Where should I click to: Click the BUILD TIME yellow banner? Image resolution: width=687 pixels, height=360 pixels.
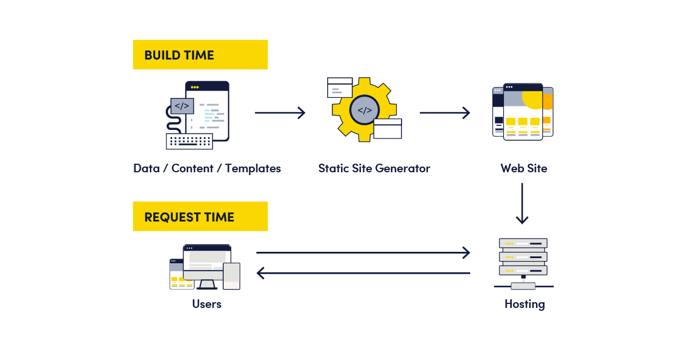pos(200,55)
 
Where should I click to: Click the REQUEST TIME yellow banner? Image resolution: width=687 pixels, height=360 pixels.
pos(200,216)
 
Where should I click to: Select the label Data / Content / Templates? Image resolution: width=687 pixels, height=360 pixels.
pos(207,168)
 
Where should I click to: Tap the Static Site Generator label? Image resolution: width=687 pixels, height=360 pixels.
pos(374,168)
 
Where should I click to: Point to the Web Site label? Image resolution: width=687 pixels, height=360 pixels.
pos(523,168)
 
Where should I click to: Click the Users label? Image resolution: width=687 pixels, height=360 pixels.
pos(207,304)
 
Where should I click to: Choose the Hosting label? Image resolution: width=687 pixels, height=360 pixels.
pos(524,304)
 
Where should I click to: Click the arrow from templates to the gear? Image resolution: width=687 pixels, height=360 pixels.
pos(280,113)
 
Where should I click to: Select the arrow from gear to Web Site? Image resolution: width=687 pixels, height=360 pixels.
pos(444,113)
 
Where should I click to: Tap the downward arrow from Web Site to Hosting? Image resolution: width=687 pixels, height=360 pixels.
pos(522,203)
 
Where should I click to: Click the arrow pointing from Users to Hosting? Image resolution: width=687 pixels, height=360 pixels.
pos(363,252)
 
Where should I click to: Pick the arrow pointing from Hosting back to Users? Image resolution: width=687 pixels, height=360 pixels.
pos(363,273)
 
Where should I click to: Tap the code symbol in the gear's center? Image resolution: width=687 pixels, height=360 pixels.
pos(364,110)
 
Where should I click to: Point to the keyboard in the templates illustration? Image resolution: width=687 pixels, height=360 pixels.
pos(189,141)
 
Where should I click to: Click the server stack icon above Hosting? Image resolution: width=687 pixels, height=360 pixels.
pos(523,258)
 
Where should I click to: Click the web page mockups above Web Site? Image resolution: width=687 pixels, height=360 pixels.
pos(523,112)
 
